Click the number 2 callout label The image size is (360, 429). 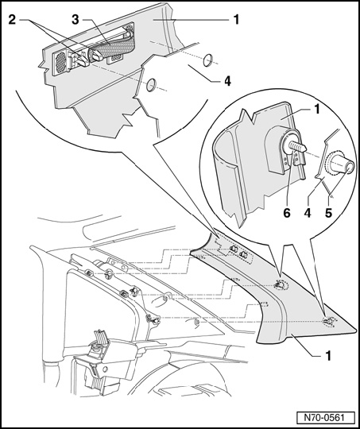(12, 20)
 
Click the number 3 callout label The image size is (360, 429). (75, 20)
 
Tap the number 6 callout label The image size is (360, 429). (287, 213)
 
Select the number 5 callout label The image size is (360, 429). (328, 213)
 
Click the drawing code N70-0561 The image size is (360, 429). (324, 418)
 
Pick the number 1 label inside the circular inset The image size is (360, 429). (317, 110)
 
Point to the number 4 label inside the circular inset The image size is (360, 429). (308, 213)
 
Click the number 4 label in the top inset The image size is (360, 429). (227, 82)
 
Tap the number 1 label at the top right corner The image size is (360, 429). (236, 20)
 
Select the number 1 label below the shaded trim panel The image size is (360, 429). (328, 356)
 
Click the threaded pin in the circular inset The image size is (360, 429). (297, 146)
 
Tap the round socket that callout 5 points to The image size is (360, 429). (342, 164)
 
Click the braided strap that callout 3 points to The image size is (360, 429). (112, 48)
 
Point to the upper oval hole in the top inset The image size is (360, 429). (207, 60)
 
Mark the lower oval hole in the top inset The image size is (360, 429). (151, 85)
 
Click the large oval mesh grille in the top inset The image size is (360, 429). (60, 63)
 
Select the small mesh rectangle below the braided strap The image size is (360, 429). (116, 58)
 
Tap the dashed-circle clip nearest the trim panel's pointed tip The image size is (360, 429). (329, 322)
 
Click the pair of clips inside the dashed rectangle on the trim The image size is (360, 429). (238, 253)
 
